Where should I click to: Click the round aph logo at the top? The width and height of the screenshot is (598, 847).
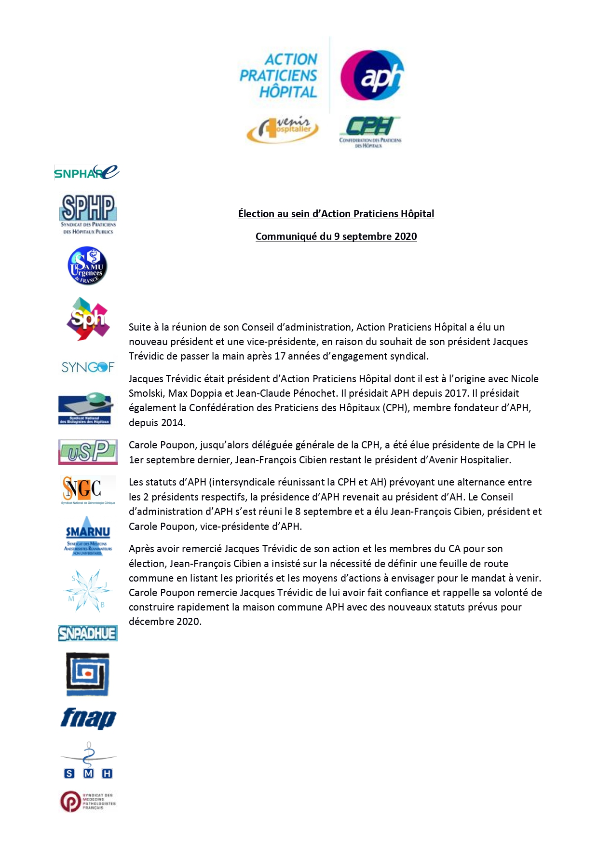372,75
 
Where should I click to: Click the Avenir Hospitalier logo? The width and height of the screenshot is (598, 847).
283,129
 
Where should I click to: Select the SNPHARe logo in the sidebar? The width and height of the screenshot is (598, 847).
87,172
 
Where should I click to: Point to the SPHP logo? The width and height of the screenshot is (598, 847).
88,214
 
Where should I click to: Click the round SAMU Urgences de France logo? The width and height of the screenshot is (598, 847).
87,265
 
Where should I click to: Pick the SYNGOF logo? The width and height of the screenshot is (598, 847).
88,367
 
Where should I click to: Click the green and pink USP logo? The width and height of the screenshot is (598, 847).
88,452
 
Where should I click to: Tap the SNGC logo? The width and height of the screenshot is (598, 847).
88,489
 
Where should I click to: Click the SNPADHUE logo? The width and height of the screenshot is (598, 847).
88,633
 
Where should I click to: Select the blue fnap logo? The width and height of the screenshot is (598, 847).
88,718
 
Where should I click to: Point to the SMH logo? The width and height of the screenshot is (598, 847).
88,761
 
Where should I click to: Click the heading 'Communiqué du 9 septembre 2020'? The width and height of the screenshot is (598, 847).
336,236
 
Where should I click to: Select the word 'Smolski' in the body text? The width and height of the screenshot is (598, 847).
146,393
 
